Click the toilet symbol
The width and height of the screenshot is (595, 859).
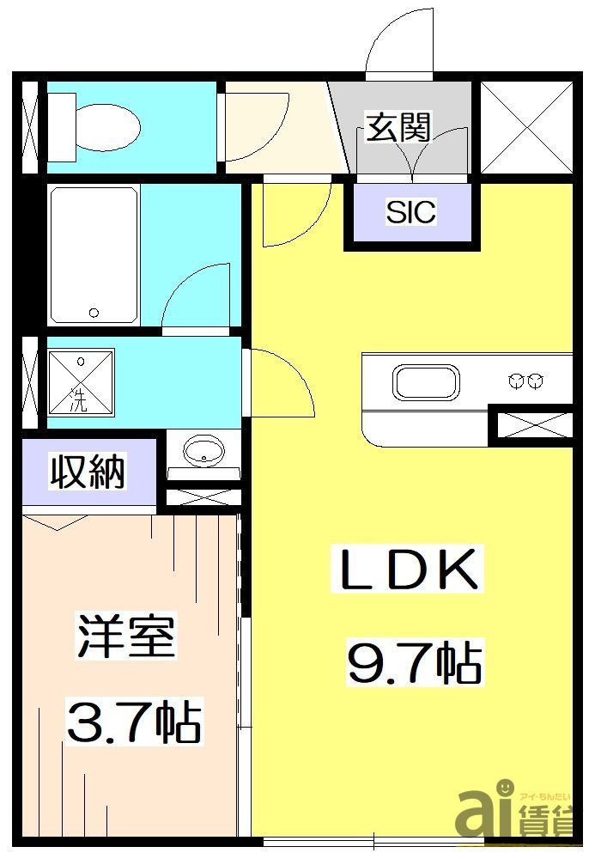pos(94,128)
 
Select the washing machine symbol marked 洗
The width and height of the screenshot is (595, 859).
pos(80,381)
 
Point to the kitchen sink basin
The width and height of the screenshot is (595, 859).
pos(427,381)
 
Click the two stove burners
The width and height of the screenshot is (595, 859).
pos(526,379)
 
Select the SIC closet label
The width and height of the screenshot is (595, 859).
pos(410,211)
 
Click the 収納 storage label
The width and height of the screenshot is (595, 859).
pos(88,472)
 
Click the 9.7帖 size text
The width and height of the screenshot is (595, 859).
pos(414,661)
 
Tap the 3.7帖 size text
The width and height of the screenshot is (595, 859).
pos(133,722)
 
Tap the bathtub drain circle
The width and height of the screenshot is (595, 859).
pos(94,312)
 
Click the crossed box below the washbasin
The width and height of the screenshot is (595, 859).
pos(202,496)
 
